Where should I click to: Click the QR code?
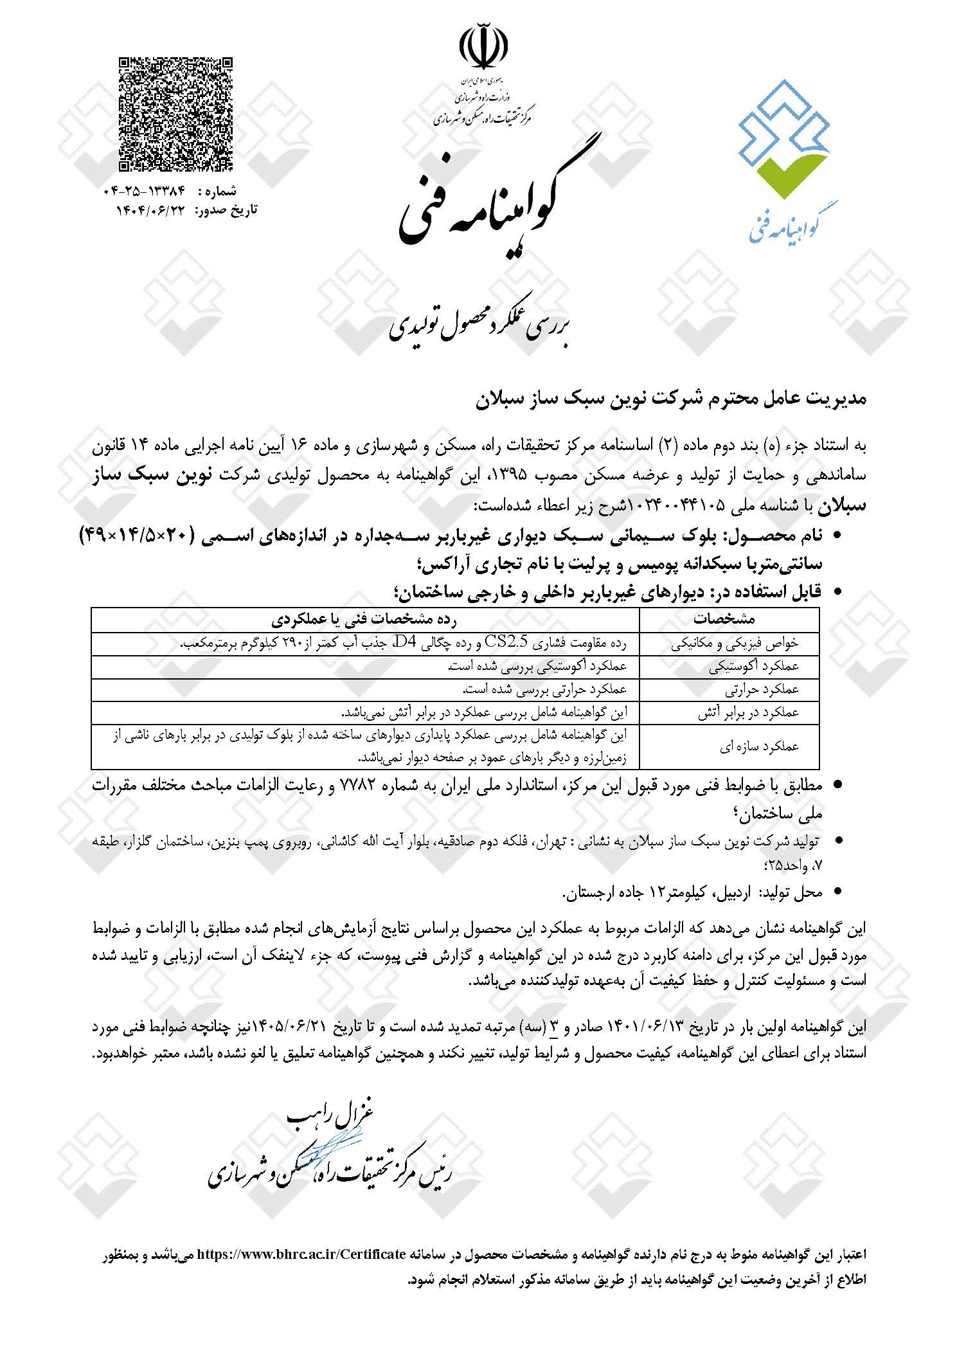[x=175, y=114]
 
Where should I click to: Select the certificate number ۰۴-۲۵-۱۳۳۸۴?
[x=144, y=191]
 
